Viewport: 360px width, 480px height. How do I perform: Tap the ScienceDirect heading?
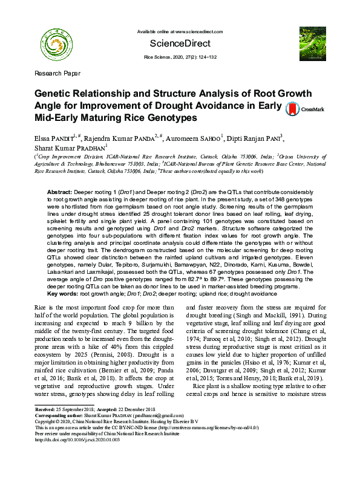(180, 44)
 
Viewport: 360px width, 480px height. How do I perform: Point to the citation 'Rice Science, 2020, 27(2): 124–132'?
(180, 56)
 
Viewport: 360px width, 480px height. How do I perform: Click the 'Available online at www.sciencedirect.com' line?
(180, 30)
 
